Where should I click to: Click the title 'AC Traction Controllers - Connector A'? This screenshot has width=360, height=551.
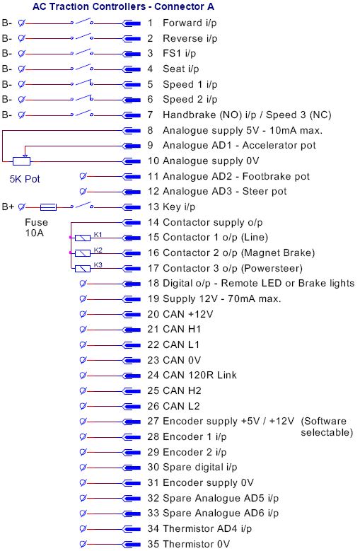click(x=123, y=6)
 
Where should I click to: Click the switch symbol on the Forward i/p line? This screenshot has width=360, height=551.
click(x=82, y=23)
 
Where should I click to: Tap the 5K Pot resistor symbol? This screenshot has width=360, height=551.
click(x=21, y=161)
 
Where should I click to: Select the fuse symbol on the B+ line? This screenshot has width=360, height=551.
click(x=48, y=207)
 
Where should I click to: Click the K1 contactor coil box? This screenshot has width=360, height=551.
click(x=83, y=238)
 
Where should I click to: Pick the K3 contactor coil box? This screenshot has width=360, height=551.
click(x=83, y=269)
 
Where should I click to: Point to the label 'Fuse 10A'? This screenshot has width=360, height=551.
click(x=36, y=227)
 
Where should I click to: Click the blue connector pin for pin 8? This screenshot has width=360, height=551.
click(x=132, y=130)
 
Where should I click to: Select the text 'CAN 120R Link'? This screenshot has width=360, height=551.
click(x=200, y=375)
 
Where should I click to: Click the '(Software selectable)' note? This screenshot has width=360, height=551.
click(x=327, y=427)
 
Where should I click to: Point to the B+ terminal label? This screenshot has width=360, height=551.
click(x=8, y=207)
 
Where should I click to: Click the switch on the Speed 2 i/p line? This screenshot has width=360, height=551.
click(x=82, y=99)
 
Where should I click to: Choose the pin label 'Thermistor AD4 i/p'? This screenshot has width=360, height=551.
click(x=207, y=528)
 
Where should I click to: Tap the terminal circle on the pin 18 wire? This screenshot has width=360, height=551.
click(x=83, y=283)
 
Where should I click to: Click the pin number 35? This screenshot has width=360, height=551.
click(x=153, y=544)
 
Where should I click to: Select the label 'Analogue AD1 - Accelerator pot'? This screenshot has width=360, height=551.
click(x=239, y=146)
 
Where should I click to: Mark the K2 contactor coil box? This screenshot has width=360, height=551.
click(x=83, y=253)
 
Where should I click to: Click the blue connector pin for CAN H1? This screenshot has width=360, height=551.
click(x=132, y=330)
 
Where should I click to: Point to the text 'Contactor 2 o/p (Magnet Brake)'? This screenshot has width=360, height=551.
click(x=239, y=253)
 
